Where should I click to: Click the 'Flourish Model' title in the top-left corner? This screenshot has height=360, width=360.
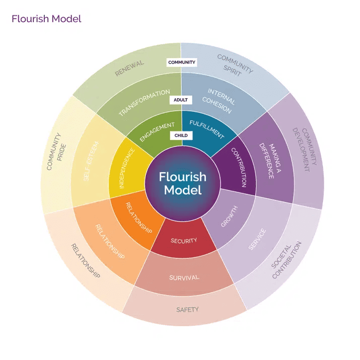tap(46, 19)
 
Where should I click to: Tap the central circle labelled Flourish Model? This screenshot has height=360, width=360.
tap(182, 183)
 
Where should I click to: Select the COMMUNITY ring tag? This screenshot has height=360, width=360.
tap(182, 62)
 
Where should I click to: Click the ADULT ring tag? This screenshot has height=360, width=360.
tap(180, 100)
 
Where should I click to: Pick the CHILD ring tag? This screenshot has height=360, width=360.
tap(181, 135)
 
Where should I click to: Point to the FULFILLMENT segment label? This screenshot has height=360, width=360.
tap(206, 129)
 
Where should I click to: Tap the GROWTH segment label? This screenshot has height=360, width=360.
tap(229, 216)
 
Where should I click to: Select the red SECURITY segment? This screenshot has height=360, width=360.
tap(183, 241)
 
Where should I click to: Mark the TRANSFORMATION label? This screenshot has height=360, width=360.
tap(144, 103)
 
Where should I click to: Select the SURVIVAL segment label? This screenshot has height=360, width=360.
tap(184, 277)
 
